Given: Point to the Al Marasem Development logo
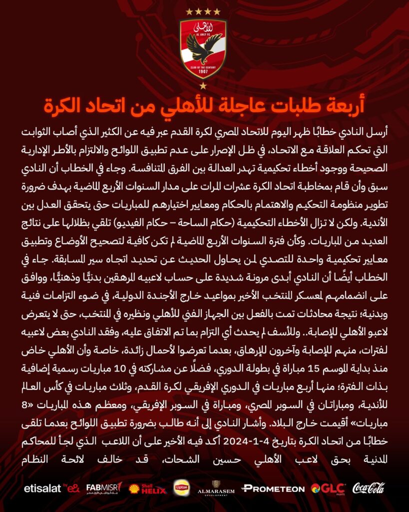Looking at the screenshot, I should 216,487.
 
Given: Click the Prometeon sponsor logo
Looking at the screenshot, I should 273,488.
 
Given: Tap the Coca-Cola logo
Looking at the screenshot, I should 369,488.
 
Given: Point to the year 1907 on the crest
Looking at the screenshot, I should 204,70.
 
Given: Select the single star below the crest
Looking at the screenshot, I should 204,86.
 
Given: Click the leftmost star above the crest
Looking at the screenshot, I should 189,11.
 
